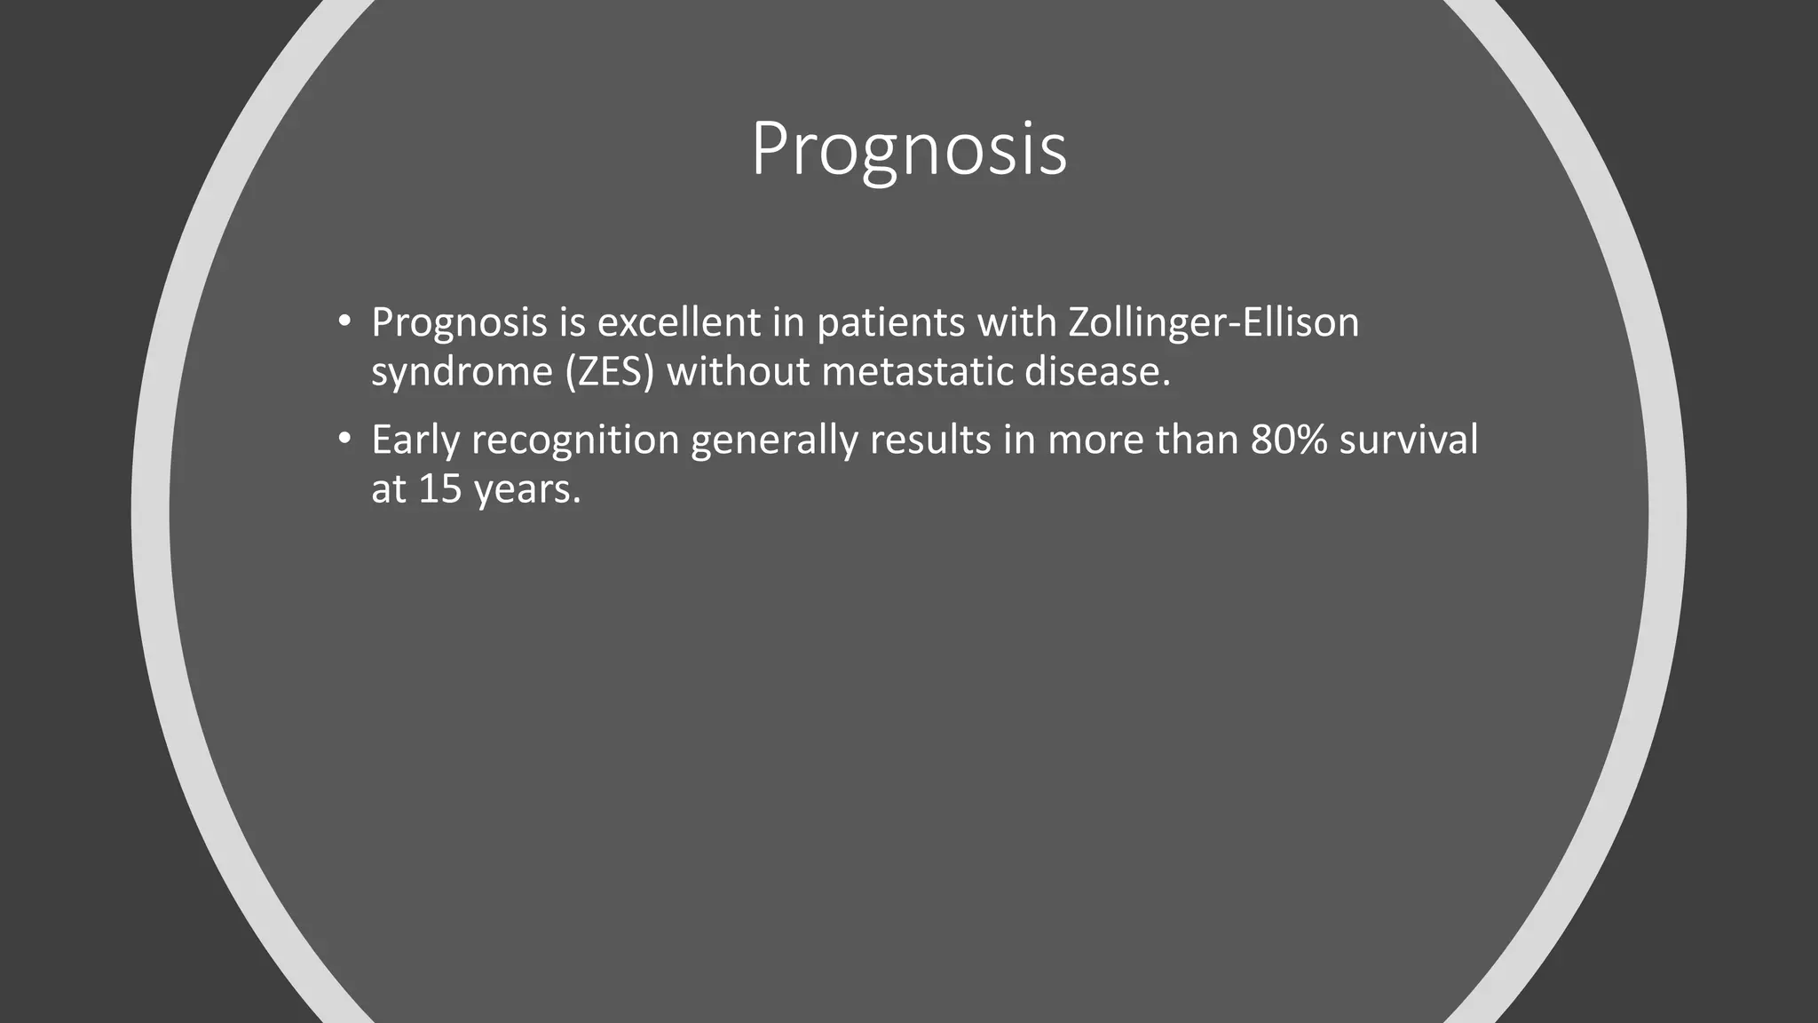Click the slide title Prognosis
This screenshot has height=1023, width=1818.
pos(908,149)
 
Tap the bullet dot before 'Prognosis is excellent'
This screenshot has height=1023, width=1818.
pos(344,321)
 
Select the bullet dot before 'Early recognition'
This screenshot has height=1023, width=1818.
pos(344,439)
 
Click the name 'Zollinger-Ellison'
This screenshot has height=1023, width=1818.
pos(1213,321)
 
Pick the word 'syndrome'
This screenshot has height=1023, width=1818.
pos(462,371)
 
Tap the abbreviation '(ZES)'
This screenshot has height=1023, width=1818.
pos(609,371)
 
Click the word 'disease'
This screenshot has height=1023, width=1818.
pos(1097,371)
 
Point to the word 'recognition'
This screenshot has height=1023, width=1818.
pos(575,440)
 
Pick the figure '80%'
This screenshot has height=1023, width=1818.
pos(1288,440)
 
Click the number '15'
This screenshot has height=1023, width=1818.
pos(439,488)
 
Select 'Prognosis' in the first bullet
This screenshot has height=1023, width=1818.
pos(459,321)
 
